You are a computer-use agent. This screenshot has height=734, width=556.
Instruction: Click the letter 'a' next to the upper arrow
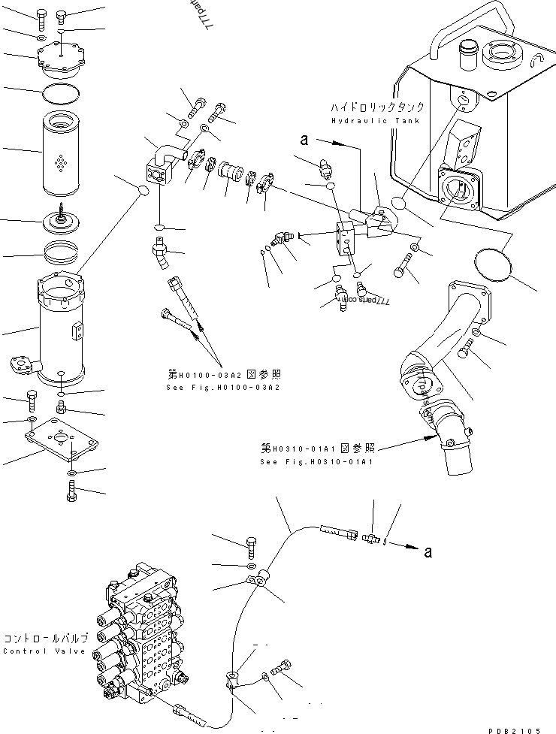(304, 139)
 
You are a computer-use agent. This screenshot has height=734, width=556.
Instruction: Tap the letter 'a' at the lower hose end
(428, 552)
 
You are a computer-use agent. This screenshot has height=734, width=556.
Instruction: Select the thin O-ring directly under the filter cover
(60, 94)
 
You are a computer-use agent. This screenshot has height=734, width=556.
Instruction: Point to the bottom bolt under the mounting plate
(71, 494)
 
